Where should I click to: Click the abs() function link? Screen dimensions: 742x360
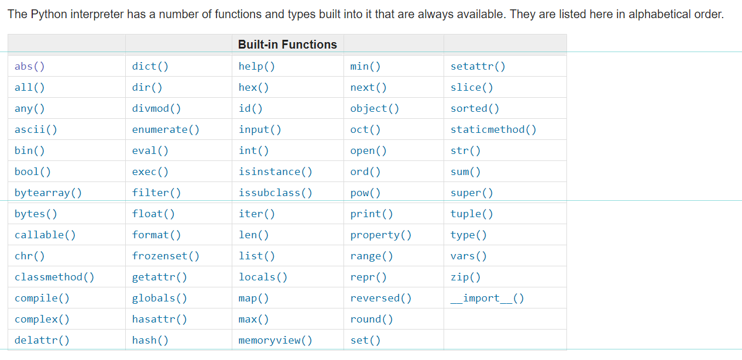[x=29, y=66]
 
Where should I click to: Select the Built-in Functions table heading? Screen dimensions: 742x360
[x=287, y=44]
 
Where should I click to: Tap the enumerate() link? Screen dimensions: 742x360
[x=166, y=129]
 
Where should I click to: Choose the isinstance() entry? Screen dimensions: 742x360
[x=275, y=172]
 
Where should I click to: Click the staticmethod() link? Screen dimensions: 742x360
[x=493, y=129]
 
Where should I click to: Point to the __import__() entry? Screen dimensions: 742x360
[x=487, y=299]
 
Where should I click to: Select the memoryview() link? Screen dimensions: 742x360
[x=275, y=341]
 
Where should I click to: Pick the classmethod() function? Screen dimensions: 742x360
[x=54, y=277]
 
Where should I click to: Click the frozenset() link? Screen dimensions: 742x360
[x=166, y=256]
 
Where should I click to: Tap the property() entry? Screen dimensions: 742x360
[x=380, y=235]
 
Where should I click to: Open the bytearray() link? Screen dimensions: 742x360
[x=48, y=193]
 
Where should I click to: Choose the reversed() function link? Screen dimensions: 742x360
[x=380, y=299]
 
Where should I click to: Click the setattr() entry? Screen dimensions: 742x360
[x=478, y=66]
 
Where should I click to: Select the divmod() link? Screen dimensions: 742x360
[x=156, y=108]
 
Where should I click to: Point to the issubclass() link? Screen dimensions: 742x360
[x=275, y=193]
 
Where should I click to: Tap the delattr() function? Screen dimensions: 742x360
[x=42, y=341]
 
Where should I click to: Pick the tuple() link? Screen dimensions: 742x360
[x=472, y=214]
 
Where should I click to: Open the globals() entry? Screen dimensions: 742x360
[x=159, y=299]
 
